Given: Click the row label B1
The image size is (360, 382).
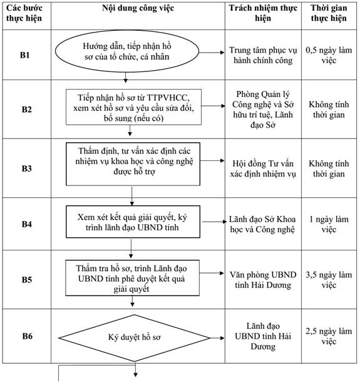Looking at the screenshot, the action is pos(25,55).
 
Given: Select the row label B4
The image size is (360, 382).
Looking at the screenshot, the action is pos(27,224).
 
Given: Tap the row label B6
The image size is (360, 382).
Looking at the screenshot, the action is pos(28,336).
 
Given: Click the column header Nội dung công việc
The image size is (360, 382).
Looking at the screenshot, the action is pos(138,8).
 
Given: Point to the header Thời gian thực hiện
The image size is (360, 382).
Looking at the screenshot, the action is pos(329,13).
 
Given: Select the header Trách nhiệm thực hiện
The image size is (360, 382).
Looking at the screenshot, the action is pos(263,13).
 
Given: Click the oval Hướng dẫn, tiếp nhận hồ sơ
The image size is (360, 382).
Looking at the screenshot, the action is pos(127,51).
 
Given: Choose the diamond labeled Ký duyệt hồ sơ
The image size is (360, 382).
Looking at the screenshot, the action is pos(134,338).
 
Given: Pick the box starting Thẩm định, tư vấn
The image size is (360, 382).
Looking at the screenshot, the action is pos(133,164).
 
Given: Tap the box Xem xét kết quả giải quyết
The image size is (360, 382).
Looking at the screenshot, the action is pos(133,222).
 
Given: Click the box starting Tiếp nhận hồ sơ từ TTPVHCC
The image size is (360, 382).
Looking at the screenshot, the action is pos(133,107).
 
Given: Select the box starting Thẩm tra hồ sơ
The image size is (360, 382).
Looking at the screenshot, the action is pos(132,278).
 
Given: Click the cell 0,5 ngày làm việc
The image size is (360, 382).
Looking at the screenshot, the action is pos(329,55).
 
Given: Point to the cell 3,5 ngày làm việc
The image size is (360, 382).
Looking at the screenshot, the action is pos(329,280).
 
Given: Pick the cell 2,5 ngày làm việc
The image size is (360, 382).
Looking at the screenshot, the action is pos(329,336).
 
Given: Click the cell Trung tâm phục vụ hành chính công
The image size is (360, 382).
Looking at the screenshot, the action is pos(263,55).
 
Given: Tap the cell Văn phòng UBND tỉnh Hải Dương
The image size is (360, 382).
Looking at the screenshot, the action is pos(263,280).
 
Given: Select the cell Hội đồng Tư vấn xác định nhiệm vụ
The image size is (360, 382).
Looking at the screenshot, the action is pos(263,168).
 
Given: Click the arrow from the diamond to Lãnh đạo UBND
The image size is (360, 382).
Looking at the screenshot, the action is pos(217,338).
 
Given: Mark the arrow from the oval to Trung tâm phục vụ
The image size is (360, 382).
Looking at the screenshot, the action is pos(212,53).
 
